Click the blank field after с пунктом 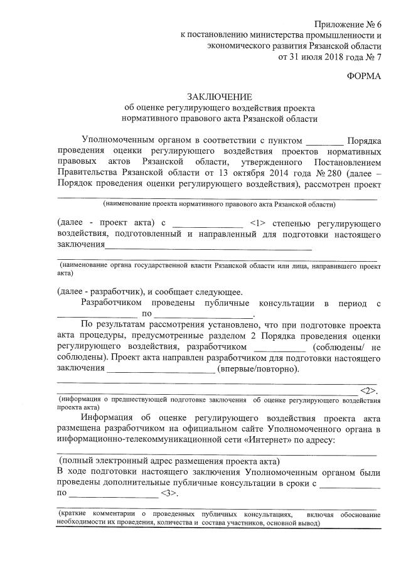(x=325, y=140)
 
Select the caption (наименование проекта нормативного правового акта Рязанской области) (x=220, y=205)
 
